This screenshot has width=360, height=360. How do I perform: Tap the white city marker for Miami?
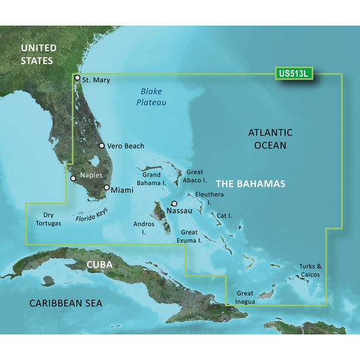pyautogui.click(x=107, y=188)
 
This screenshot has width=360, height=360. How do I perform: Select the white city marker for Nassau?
pyautogui.click(x=174, y=203)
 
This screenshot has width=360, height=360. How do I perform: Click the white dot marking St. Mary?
pyautogui.click(x=78, y=78)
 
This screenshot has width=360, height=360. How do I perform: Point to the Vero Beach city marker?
pyautogui.click(x=101, y=145)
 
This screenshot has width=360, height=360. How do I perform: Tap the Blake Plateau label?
pyautogui.click(x=153, y=97)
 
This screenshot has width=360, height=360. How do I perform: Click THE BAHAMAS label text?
pyautogui.click(x=250, y=184)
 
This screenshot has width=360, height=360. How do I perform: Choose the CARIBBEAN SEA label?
pyautogui.click(x=66, y=303)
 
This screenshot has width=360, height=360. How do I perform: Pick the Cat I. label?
pyautogui.click(x=225, y=215)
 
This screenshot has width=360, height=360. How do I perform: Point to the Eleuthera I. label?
pyautogui.click(x=208, y=198)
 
